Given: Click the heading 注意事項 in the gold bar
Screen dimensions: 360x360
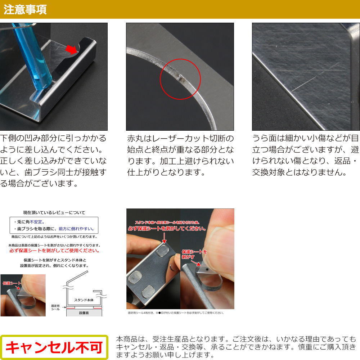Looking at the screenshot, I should point(25,9).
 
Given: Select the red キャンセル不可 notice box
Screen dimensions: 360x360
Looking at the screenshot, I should point(54,348).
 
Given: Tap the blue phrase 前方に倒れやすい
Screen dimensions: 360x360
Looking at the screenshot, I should point(76,229).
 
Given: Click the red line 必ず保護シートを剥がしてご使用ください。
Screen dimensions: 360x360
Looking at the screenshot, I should point(54,251).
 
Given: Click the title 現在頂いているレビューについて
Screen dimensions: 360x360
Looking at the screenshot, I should point(54,213).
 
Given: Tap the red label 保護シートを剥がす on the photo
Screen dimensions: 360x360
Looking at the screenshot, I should point(194,254).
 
